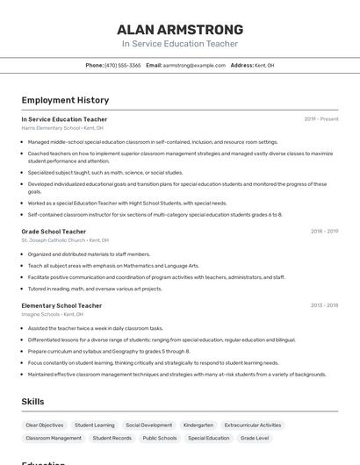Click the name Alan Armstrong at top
(179, 28)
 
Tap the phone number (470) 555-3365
(122, 65)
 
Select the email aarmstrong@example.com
(194, 65)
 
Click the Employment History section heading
(65, 100)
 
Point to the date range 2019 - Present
(320, 119)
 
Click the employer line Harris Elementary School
(62, 128)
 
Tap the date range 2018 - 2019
(324, 232)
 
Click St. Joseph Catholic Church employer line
(65, 240)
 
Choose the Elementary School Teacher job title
(61, 305)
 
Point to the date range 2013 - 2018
(324, 305)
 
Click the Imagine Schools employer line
(52, 314)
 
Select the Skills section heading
(33, 402)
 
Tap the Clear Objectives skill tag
(44, 425)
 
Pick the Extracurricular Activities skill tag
(253, 425)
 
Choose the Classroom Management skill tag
(54, 438)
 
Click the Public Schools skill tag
(160, 438)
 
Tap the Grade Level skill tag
(256, 438)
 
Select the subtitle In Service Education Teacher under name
(179, 44)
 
